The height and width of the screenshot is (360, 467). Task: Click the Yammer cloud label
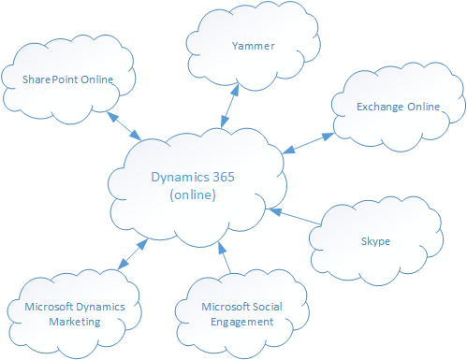pos(247,44)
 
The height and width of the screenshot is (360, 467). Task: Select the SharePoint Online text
pos(68,80)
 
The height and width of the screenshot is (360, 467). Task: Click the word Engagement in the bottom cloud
pos(238,321)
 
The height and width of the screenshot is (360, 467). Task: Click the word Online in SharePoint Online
pos(96,80)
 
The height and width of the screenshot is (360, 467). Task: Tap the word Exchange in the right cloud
pos(378,108)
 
